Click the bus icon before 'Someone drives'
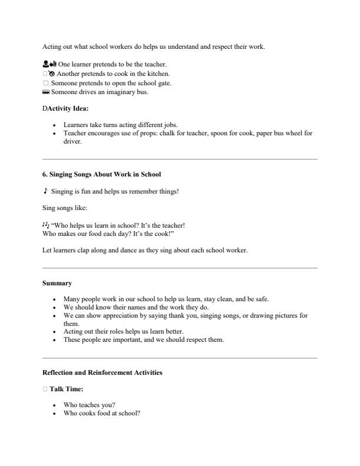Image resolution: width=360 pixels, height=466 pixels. [46, 92]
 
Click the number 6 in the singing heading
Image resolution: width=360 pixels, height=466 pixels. [45, 174]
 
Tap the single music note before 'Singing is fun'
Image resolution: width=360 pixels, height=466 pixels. [45, 191]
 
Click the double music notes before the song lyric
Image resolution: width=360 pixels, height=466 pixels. [46, 224]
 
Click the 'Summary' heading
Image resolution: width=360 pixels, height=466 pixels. [57, 283]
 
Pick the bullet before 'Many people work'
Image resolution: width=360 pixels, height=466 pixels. [55, 299]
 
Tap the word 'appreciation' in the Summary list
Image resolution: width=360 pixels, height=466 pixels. [110, 315]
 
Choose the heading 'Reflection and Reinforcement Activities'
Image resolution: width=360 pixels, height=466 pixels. [102, 372]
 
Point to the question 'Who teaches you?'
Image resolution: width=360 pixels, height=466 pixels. [89, 405]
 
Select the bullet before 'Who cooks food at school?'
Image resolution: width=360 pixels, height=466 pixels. [55, 413]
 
